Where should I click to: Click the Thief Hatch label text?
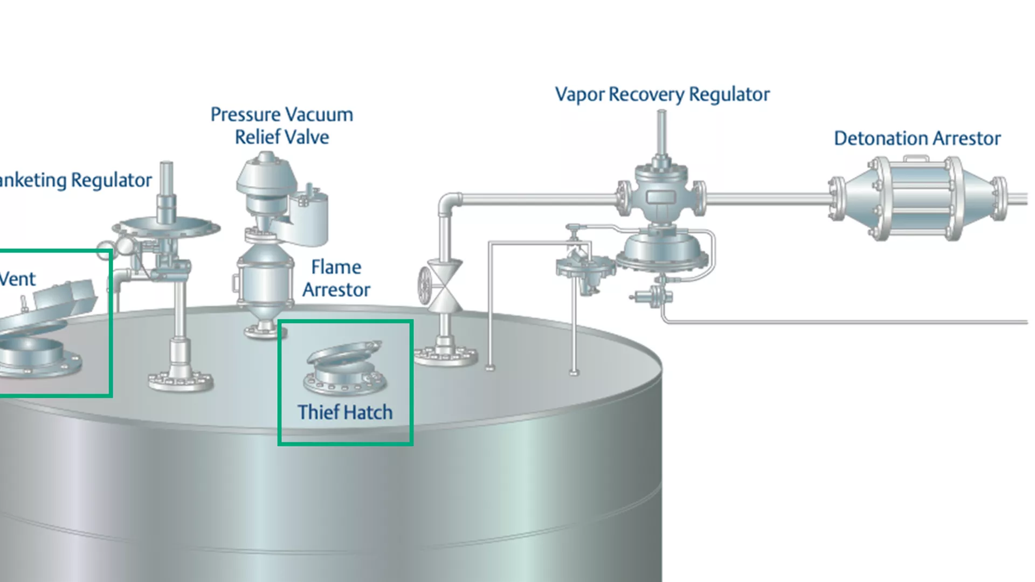click(x=345, y=412)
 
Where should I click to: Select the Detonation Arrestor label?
click(x=917, y=138)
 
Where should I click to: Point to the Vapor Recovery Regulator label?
click(x=662, y=94)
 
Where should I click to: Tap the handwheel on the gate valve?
click(x=424, y=286)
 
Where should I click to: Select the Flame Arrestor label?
click(x=336, y=279)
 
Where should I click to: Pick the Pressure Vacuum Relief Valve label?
click(x=281, y=126)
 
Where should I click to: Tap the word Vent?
click(x=17, y=279)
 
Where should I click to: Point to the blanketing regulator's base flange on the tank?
click(x=181, y=380)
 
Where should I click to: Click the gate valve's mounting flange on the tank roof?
click(x=445, y=356)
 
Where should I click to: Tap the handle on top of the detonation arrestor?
click(x=916, y=158)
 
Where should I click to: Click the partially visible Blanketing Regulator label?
click(x=75, y=180)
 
